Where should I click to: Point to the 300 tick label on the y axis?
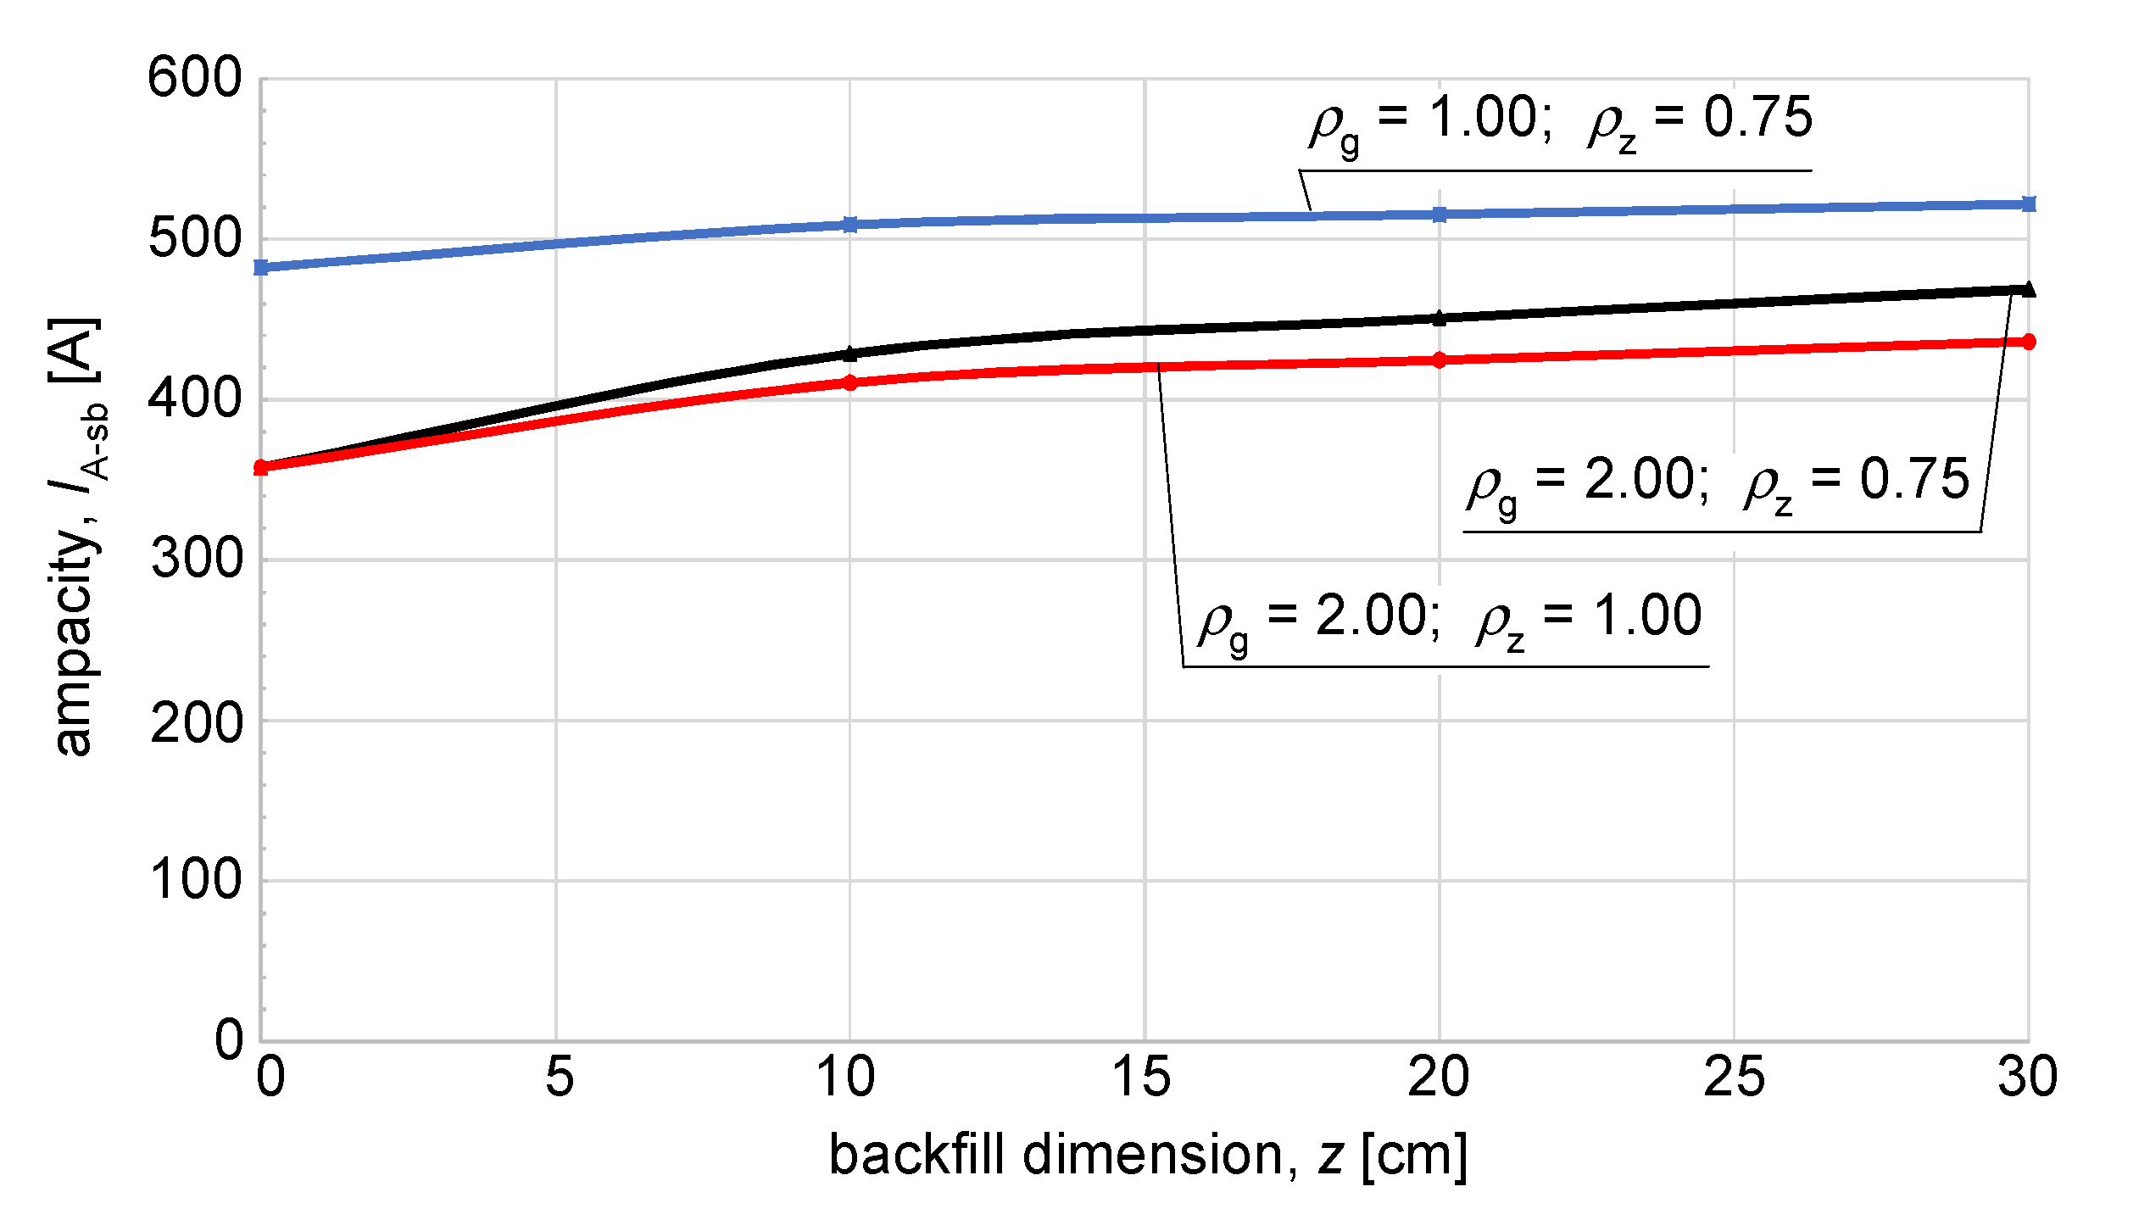tap(196, 560)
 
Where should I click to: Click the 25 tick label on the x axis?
tap(1734, 1078)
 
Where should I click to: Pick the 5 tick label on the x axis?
tap(559, 1078)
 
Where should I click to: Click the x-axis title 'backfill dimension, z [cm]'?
tap(1148, 1155)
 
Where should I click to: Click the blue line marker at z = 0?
tap(261, 268)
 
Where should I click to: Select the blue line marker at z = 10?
tap(850, 225)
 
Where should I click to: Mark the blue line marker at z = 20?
tap(1440, 214)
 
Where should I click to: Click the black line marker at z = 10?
tap(850, 354)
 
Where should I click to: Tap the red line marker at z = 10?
tap(850, 383)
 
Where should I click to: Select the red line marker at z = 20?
tap(1440, 360)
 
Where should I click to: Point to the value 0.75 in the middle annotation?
tap(1914, 479)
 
